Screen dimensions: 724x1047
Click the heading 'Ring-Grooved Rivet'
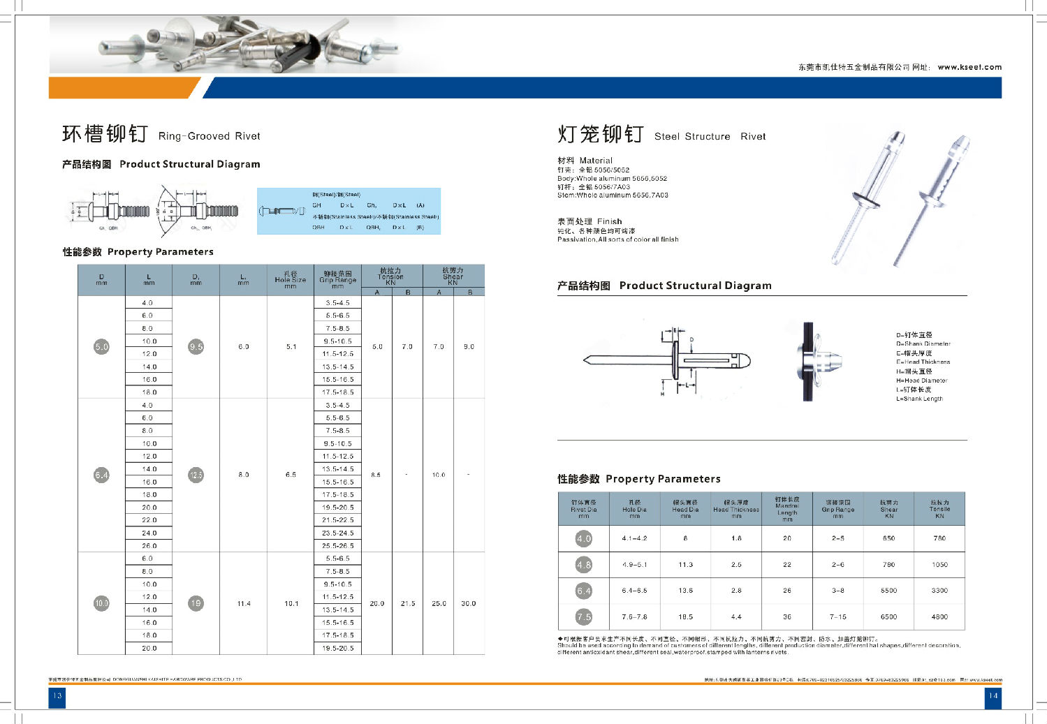[x=209, y=136]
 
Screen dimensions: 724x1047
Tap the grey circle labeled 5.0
[x=102, y=346]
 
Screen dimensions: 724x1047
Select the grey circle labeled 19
[x=196, y=603]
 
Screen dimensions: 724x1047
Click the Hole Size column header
[x=291, y=280]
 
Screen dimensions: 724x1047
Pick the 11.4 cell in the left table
[x=244, y=604]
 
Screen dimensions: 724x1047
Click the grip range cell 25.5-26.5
[x=338, y=546]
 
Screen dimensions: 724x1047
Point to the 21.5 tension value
[x=408, y=604]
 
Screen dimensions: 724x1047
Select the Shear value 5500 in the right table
[x=888, y=591]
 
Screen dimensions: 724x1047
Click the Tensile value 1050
[x=939, y=565]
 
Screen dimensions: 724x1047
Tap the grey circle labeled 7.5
[x=584, y=617]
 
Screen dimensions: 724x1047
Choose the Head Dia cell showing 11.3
[x=685, y=565]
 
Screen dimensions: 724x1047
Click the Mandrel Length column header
[x=787, y=509]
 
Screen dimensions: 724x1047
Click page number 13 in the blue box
[x=57, y=696]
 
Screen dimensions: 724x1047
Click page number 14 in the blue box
[x=993, y=696]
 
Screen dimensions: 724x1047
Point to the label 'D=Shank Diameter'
[x=923, y=343]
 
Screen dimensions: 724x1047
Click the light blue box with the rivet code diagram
[x=349, y=211]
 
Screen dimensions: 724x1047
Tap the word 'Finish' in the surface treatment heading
[x=609, y=221]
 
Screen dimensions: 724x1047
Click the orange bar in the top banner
[x=122, y=88]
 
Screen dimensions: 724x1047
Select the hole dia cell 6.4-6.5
[x=634, y=591]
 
